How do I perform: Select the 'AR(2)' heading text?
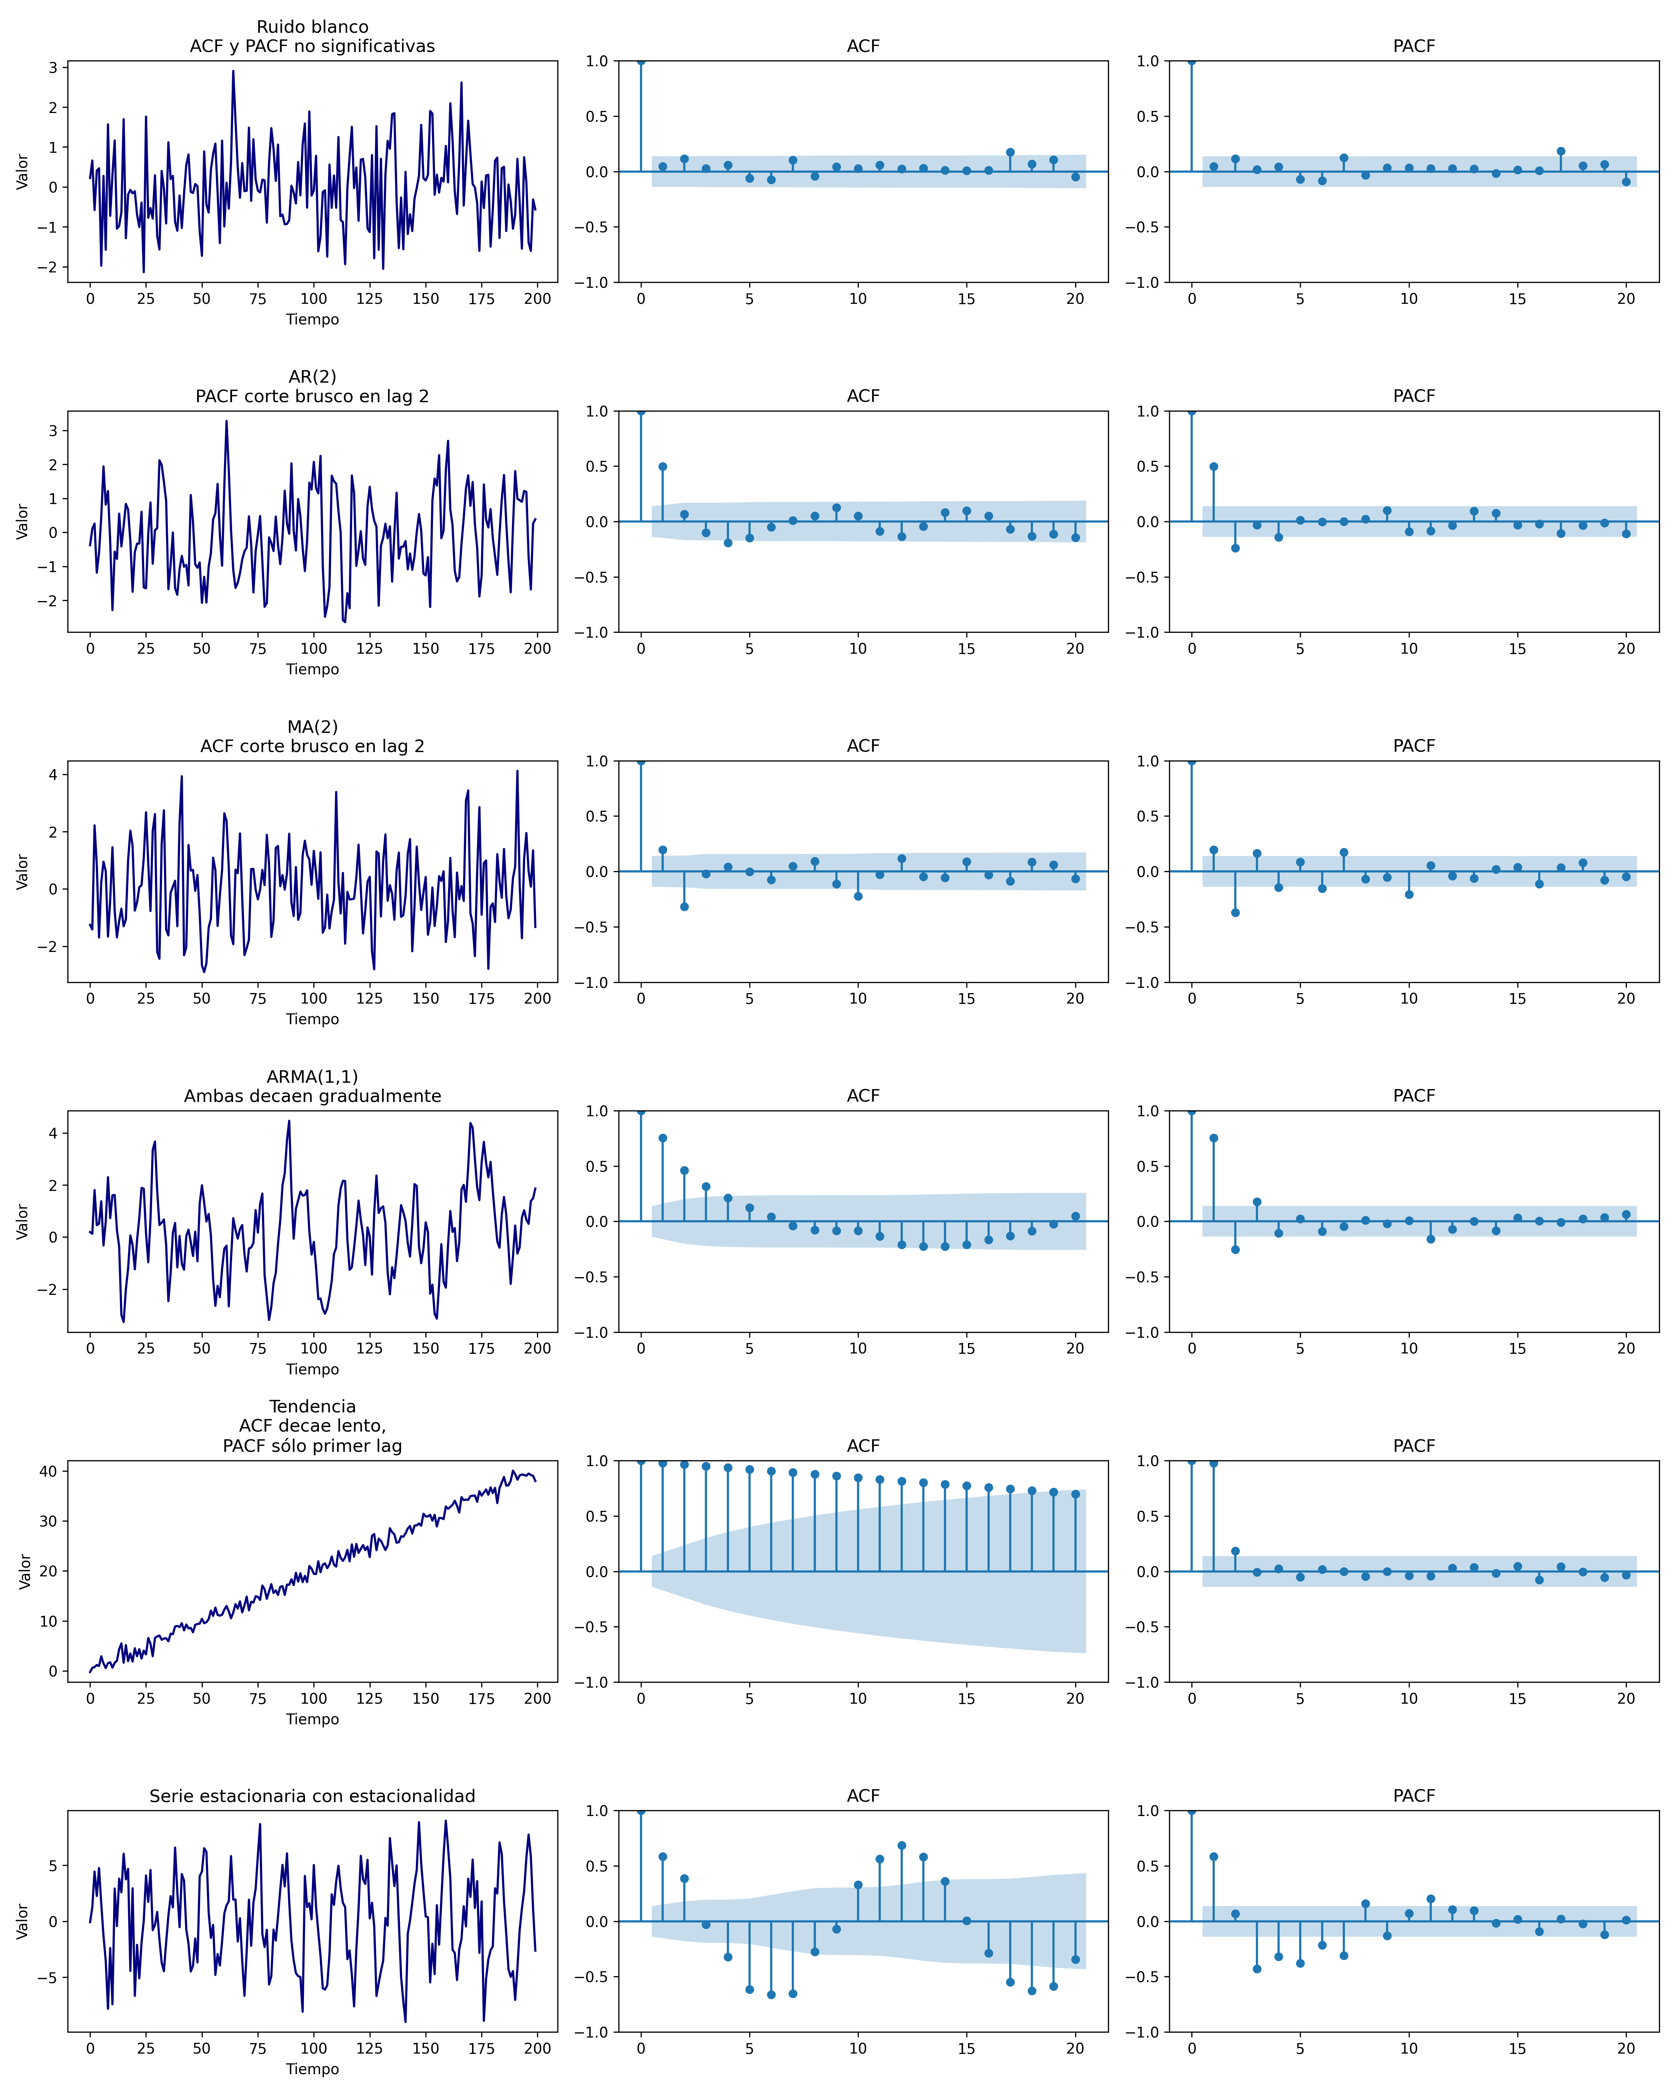click(x=312, y=377)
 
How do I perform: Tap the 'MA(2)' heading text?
click(x=312, y=727)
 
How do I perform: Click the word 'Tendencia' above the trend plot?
click(x=312, y=1406)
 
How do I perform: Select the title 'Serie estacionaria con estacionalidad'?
click(x=312, y=1796)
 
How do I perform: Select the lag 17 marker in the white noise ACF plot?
click(x=1010, y=152)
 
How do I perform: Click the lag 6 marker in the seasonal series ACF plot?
click(x=771, y=1994)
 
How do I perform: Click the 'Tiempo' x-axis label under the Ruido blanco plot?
click(x=312, y=320)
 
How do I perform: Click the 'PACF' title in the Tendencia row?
click(x=1413, y=1446)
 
